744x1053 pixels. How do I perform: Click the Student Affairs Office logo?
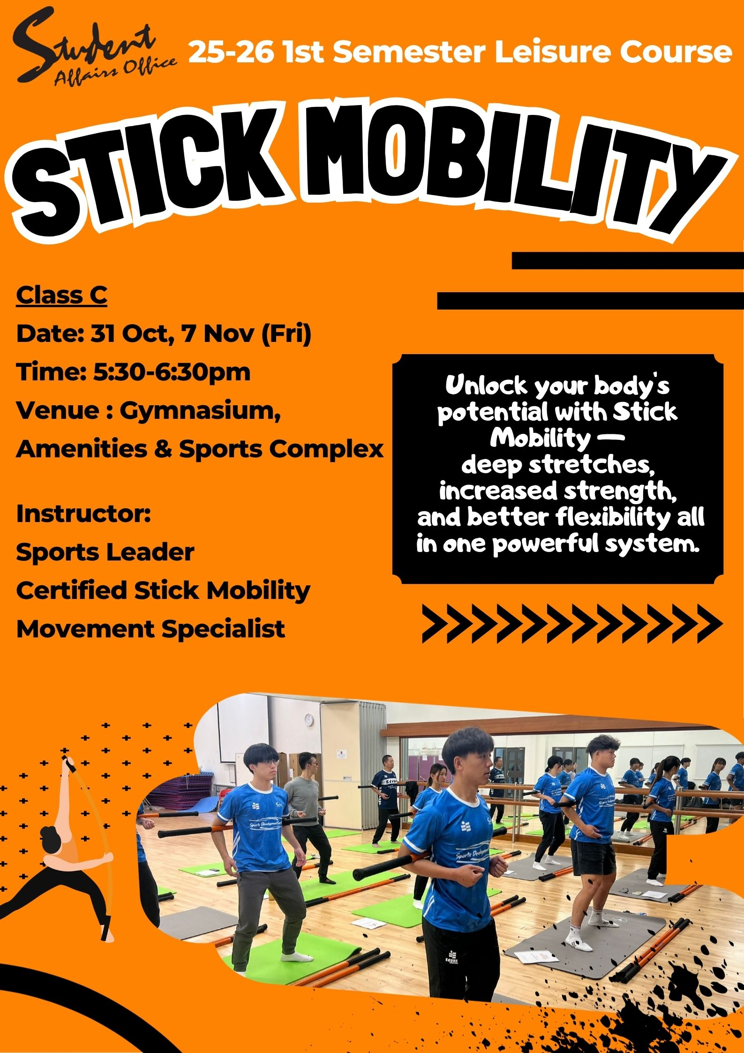[x=94, y=49]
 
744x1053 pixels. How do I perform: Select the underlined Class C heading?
[x=61, y=295]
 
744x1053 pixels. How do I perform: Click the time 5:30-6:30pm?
[x=172, y=372]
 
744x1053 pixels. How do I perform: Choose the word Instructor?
[x=83, y=514]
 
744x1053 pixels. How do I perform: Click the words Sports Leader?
[x=105, y=553]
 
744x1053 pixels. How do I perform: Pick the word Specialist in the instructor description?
[x=223, y=629]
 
